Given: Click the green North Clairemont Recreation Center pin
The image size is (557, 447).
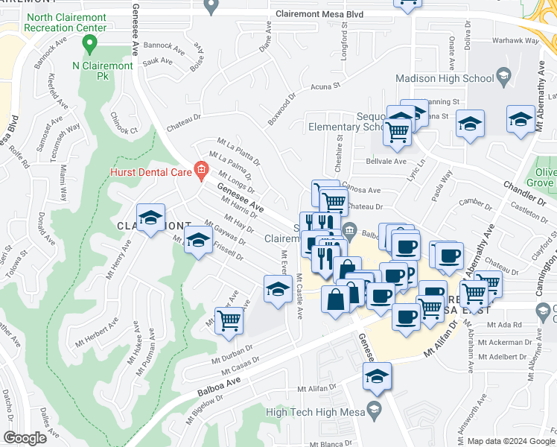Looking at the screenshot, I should [x=90, y=44].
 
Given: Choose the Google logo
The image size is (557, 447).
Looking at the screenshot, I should [x=26, y=438].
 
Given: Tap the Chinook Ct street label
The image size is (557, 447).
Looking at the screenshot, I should [x=124, y=124].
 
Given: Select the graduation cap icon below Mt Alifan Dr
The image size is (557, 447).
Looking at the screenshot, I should [x=377, y=377].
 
